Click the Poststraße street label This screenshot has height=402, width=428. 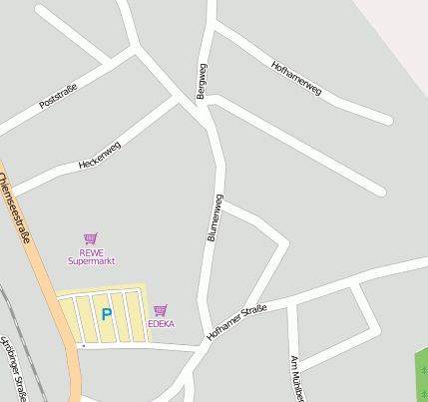[x=58, y=97]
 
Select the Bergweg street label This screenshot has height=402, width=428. [x=203, y=80]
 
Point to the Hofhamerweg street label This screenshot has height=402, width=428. [x=296, y=78]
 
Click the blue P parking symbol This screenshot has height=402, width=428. [x=106, y=315]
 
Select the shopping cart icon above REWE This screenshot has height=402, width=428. [x=91, y=238]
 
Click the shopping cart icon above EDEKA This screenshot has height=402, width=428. [x=161, y=310]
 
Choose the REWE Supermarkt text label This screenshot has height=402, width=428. [x=91, y=256]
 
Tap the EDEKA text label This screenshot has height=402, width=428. [x=161, y=324]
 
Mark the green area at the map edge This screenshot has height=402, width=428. [x=421, y=374]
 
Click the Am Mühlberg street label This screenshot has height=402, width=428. [x=295, y=379]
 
